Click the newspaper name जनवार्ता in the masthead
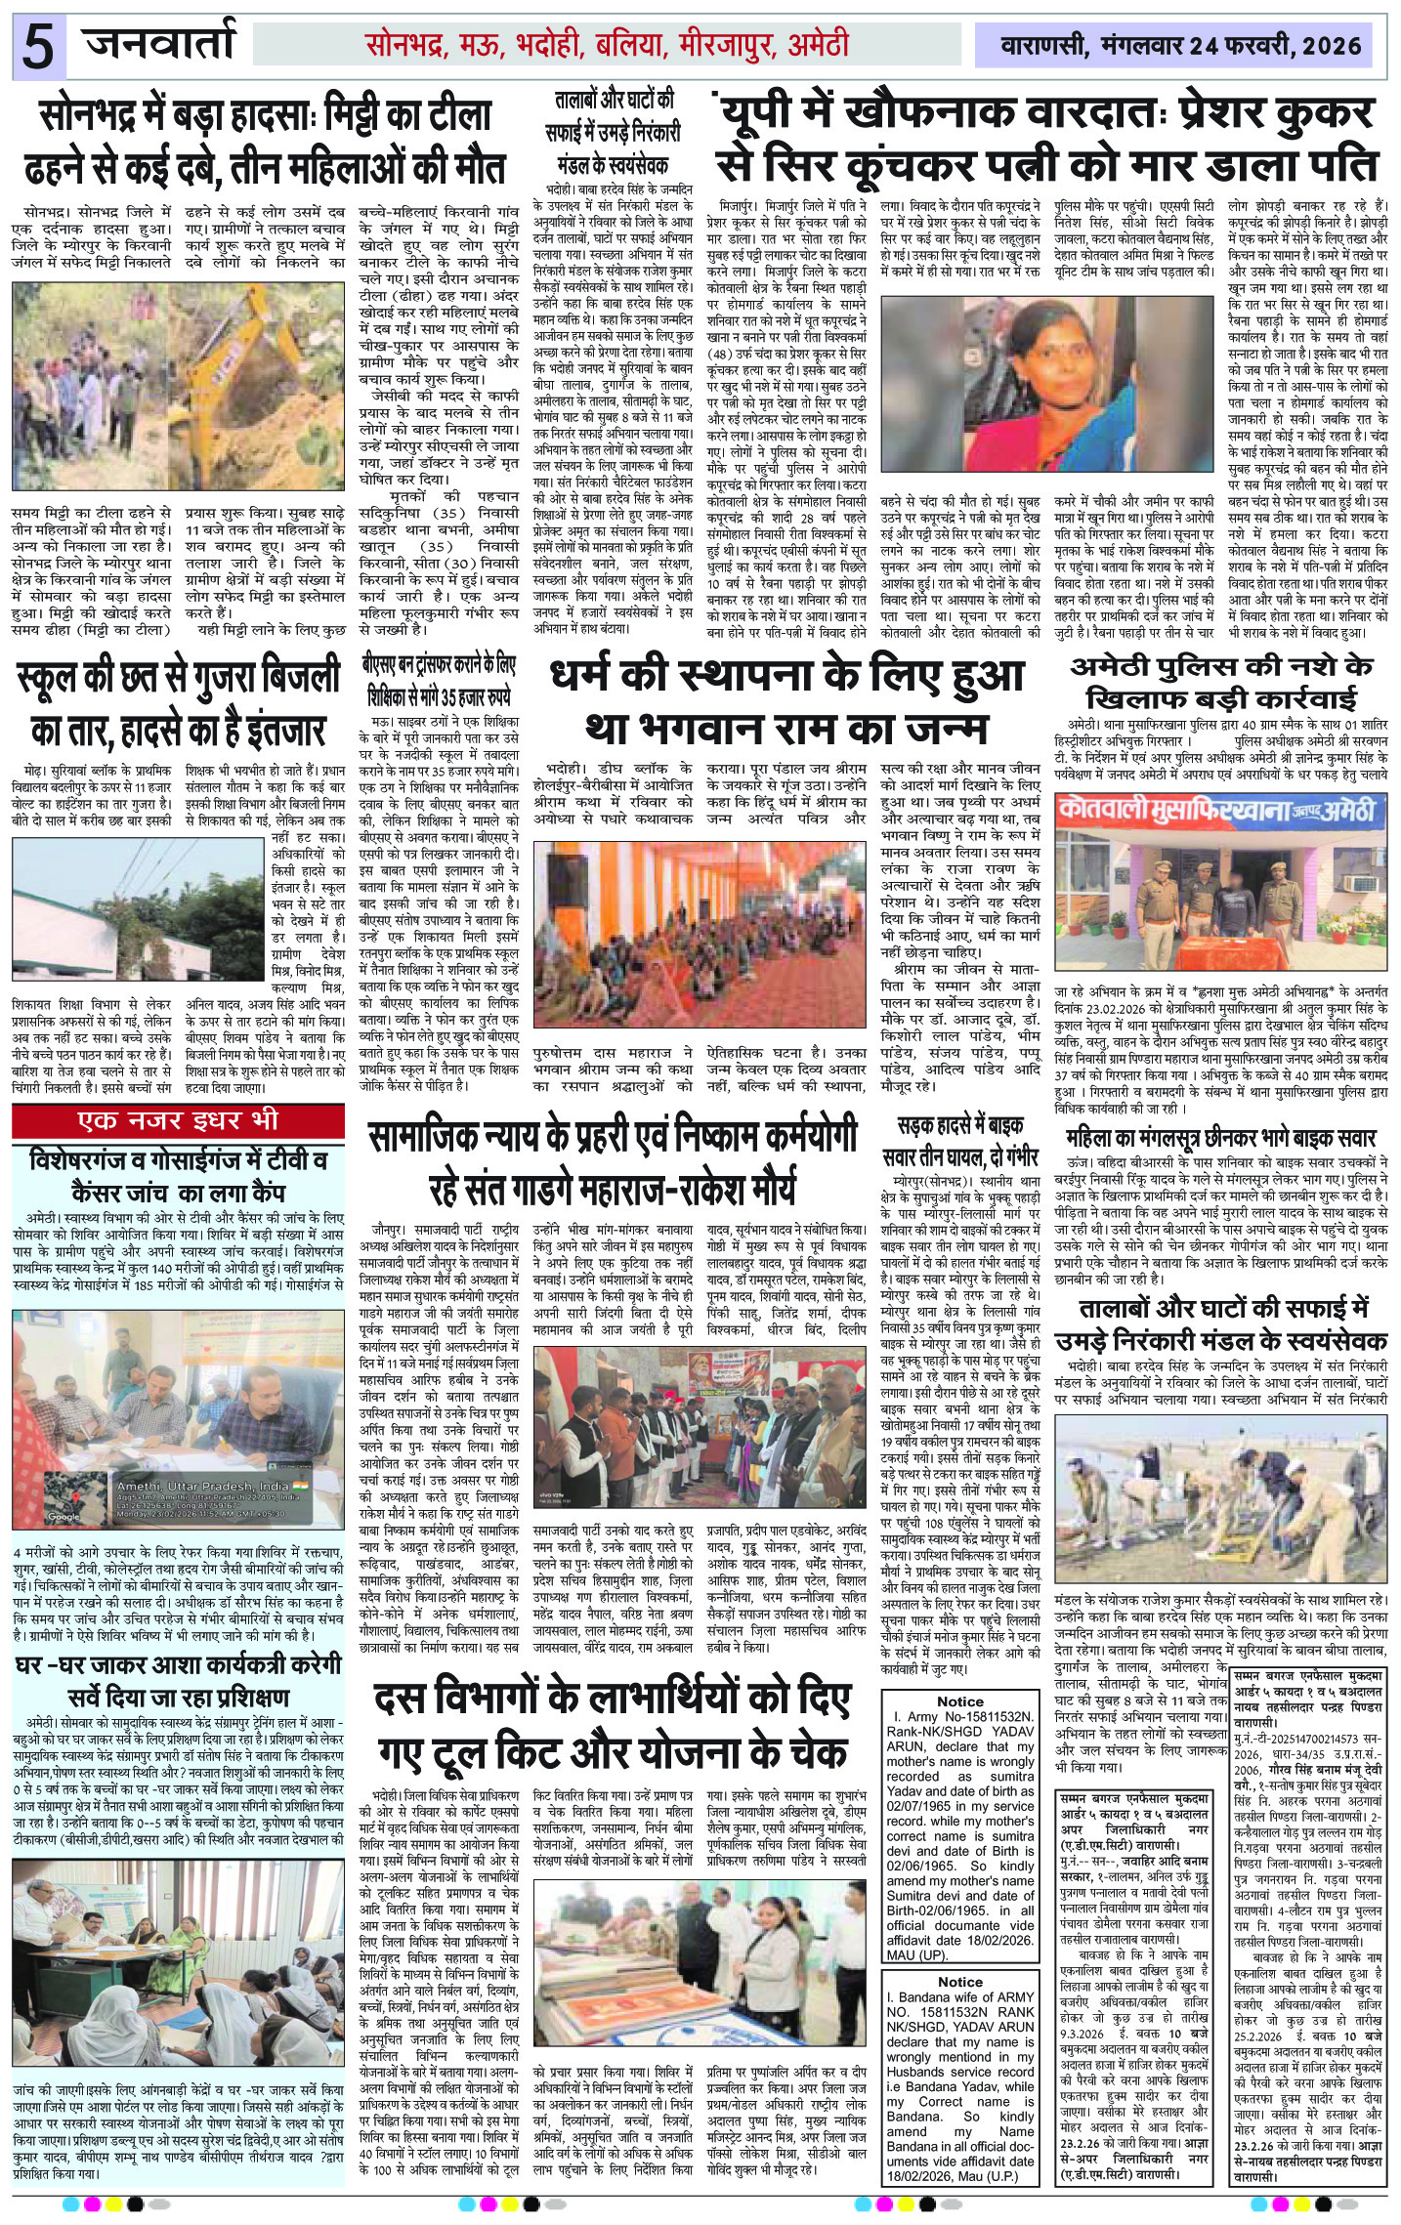pyautogui.click(x=159, y=45)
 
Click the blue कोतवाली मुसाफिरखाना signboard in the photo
pyautogui.click(x=1221, y=812)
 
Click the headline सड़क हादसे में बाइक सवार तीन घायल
pyautogui.click(x=967, y=1144)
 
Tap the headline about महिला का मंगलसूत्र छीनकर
pyautogui.click(x=1221, y=1137)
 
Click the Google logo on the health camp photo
pyautogui.click(x=64, y=1516)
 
